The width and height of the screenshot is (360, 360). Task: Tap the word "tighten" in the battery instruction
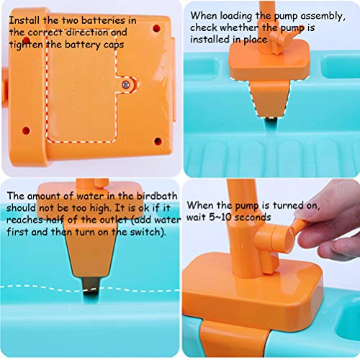coord(29,44)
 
